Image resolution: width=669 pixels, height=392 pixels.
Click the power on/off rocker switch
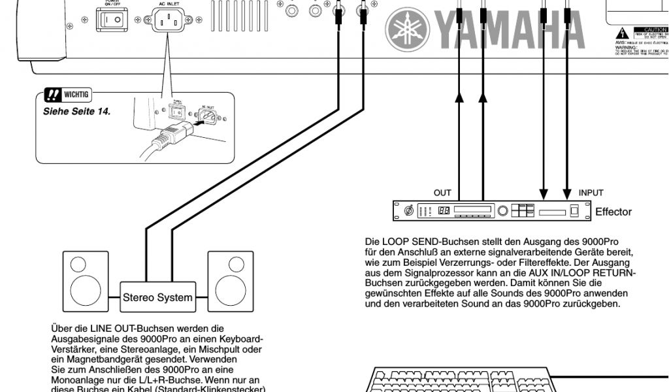pos(112,21)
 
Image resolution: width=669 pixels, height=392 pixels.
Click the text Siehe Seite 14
pos(76,111)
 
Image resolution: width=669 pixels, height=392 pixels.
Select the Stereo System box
pos(157,298)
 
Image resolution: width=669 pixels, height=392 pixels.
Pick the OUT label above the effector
pos(442,193)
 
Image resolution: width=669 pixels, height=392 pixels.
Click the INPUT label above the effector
pos(591,193)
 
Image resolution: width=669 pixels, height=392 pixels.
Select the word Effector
pos(613,212)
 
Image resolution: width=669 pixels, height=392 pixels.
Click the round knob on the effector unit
pos(502,211)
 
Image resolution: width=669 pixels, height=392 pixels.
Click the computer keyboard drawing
pos(457,380)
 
